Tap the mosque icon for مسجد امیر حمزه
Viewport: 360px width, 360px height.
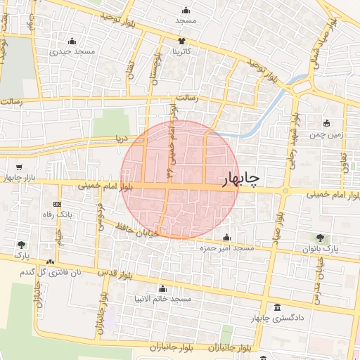pyautogui.click(x=226, y=238)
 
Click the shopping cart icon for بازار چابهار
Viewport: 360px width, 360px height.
pyautogui.click(x=19, y=167)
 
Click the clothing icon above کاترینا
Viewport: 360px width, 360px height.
pyautogui.click(x=181, y=41)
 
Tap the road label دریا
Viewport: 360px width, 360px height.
pyautogui.click(x=123, y=139)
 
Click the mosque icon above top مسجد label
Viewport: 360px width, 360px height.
pyautogui.click(x=186, y=11)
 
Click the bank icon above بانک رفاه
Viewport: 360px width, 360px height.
pyautogui.click(x=58, y=204)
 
